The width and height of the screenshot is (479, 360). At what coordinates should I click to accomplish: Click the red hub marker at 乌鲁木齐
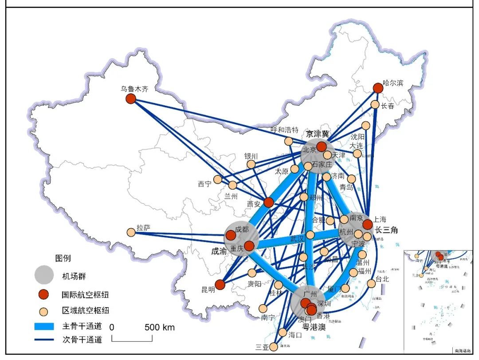click(130, 99)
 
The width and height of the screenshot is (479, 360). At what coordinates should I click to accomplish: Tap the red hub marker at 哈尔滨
click(378, 88)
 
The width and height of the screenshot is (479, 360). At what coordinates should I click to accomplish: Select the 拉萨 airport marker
click(131, 232)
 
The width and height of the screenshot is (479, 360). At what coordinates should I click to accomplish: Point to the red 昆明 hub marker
click(220, 285)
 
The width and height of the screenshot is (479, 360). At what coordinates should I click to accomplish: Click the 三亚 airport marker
click(274, 346)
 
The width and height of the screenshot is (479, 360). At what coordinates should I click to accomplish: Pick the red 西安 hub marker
click(268, 202)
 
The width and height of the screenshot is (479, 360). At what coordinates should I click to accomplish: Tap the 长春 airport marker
click(375, 105)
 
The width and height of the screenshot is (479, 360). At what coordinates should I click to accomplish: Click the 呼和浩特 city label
click(285, 130)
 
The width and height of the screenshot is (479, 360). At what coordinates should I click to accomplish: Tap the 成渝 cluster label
click(218, 251)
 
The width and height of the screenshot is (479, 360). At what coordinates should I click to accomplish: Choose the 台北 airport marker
click(371, 283)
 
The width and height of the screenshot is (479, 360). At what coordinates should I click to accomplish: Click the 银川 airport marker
click(251, 164)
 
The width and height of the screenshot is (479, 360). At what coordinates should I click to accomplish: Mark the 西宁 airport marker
click(217, 179)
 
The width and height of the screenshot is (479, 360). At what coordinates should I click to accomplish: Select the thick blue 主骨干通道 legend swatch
click(44, 326)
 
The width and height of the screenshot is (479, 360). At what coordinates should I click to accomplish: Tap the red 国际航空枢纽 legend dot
click(44, 294)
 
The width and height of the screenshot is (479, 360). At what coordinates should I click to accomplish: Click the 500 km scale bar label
click(159, 328)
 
